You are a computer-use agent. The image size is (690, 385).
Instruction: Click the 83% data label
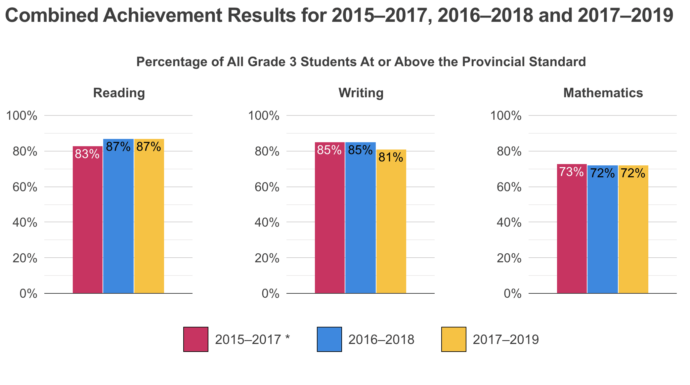pyautogui.click(x=87, y=154)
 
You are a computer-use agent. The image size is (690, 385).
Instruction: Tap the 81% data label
pyautogui.click(x=391, y=157)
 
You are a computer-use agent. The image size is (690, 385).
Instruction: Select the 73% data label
pyautogui.click(x=571, y=172)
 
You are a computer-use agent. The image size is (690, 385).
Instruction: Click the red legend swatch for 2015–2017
pyautogui.click(x=196, y=339)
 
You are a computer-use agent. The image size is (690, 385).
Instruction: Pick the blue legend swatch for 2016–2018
pyautogui.click(x=329, y=339)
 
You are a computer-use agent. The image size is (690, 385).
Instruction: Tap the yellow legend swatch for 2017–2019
pyautogui.click(x=454, y=339)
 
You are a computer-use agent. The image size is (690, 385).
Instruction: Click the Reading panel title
pyautogui.click(x=119, y=93)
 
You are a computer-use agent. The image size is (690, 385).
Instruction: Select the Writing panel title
pyautogui.click(x=361, y=93)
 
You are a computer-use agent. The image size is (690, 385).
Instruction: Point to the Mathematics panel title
pyautogui.click(x=603, y=93)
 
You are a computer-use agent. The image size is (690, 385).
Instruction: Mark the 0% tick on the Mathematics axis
pyautogui.click(x=513, y=294)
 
